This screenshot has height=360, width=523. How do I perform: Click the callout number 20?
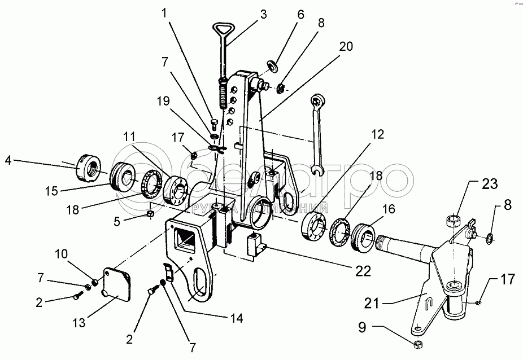coord(346,47)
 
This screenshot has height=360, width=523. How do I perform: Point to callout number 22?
coord(363,271)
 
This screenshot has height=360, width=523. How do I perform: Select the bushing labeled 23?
coord(453,219)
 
